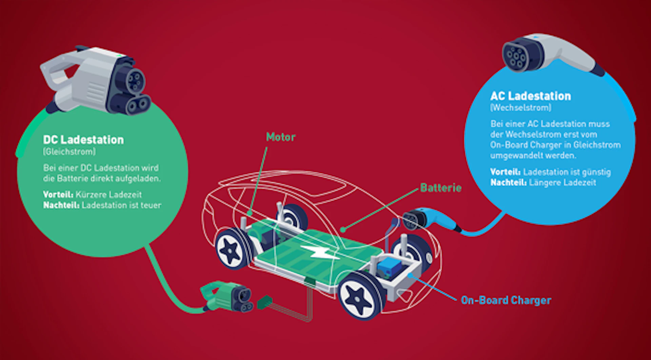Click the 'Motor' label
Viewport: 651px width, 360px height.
(x=280, y=137)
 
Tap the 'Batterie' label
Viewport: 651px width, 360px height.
(x=440, y=188)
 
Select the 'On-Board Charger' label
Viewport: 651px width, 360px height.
(x=506, y=300)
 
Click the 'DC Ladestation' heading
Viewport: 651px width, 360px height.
(x=83, y=140)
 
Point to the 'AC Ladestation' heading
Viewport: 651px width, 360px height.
(x=530, y=96)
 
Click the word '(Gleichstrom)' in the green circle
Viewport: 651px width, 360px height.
(x=69, y=152)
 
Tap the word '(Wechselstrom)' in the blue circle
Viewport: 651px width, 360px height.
(x=520, y=108)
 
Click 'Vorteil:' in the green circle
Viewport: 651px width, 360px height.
(x=58, y=195)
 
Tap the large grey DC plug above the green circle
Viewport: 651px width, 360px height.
(x=98, y=81)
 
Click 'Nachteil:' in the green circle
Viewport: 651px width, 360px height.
(x=61, y=205)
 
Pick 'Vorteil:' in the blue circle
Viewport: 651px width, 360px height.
(x=505, y=172)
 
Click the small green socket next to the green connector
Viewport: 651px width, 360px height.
(x=265, y=302)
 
